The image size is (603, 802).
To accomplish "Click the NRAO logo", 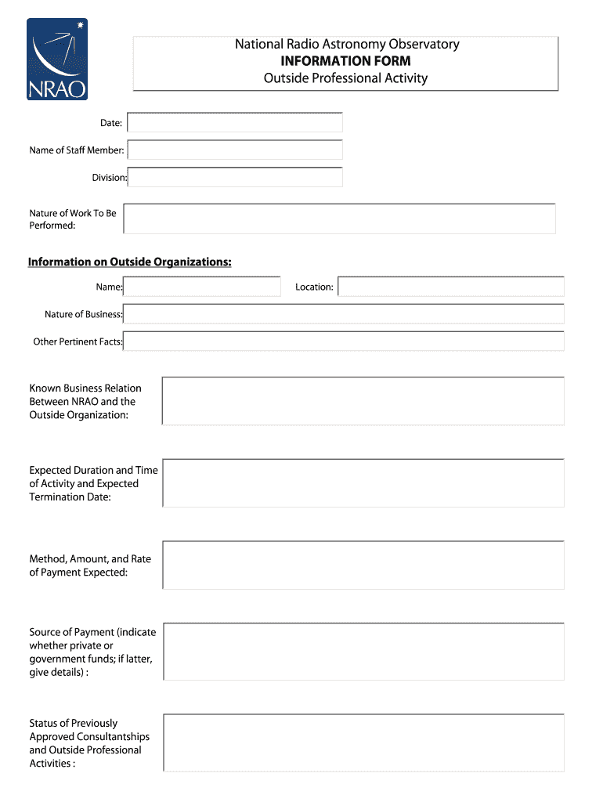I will click(x=57, y=60).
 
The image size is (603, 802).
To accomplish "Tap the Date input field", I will click(x=234, y=123).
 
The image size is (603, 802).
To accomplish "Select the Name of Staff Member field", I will click(x=234, y=150).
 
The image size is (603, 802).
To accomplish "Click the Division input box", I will click(x=234, y=177).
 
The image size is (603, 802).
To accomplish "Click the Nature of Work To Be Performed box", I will click(x=339, y=219).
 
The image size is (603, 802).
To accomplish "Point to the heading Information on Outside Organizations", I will click(x=130, y=262).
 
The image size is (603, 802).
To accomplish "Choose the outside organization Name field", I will click(x=202, y=287).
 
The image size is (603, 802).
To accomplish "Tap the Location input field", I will click(x=450, y=287).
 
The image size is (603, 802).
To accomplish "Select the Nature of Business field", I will click(x=344, y=314).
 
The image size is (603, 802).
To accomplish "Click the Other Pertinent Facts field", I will click(x=344, y=341).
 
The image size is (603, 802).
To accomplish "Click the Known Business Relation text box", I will click(x=363, y=401).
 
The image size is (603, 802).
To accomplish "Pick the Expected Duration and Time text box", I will click(x=363, y=483).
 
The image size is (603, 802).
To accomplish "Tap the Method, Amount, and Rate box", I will click(x=363, y=565).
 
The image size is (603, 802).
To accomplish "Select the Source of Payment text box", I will click(x=363, y=651).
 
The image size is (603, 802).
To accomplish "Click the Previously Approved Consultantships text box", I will click(x=363, y=742).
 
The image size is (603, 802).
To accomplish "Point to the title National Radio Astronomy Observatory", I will click(x=347, y=45).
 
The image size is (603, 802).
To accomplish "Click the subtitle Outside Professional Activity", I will click(x=345, y=78).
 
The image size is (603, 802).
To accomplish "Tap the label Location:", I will click(x=314, y=287).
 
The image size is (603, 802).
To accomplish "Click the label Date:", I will click(x=110, y=124).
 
